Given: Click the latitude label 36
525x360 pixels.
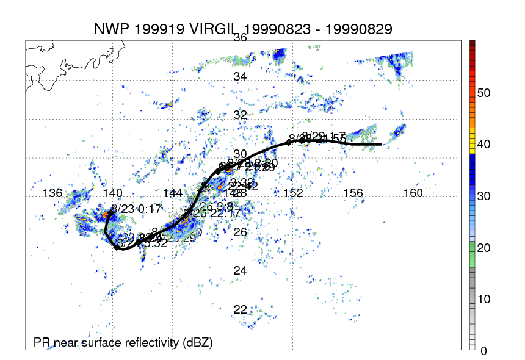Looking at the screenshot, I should pos(240,37).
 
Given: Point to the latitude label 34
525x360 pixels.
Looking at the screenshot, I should pos(240,77).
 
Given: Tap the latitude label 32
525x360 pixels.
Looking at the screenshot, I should pos(240,115).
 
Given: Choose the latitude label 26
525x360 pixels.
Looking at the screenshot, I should pos(240,232).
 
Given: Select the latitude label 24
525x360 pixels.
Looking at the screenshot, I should pos(240,270).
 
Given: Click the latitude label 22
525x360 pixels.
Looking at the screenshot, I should pos(240,309).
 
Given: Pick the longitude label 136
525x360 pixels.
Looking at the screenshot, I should pos(52,193).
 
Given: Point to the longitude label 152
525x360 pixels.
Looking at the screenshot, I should pos(294,193).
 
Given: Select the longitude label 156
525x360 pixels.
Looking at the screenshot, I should pos(354,193).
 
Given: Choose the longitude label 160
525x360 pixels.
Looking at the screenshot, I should pos(414,193).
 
